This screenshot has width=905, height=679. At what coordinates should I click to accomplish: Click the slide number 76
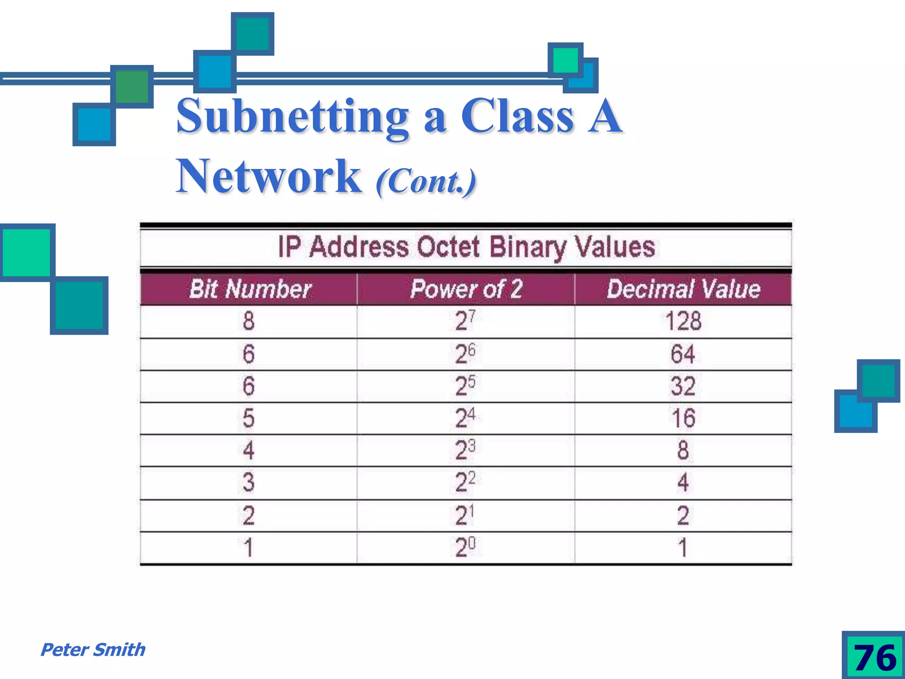[x=874, y=657]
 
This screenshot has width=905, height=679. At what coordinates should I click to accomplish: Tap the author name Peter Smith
[x=93, y=649]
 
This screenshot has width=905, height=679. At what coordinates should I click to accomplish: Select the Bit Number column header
[x=250, y=289]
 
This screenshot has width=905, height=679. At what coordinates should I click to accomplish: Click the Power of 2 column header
[x=466, y=289]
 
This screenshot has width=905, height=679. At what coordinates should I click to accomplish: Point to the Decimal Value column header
[x=683, y=289]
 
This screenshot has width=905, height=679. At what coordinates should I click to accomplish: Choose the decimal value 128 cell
[x=683, y=321]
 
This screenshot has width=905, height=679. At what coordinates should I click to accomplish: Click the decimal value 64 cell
[x=683, y=354]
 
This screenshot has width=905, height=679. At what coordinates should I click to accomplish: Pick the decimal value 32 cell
[x=683, y=386]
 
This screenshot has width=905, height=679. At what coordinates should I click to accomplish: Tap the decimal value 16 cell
[x=683, y=418]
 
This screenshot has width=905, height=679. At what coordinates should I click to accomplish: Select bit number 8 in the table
[x=249, y=321]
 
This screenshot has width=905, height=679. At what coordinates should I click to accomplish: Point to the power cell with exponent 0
[x=465, y=547]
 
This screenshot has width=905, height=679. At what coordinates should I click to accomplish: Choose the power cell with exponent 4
[x=465, y=418]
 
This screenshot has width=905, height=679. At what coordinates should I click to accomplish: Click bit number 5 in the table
[x=249, y=418]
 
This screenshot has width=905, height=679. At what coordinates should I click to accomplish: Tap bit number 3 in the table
[x=249, y=482]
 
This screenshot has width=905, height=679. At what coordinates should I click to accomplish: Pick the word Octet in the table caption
[x=448, y=247]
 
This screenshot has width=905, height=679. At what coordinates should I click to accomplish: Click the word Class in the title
[x=517, y=116]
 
